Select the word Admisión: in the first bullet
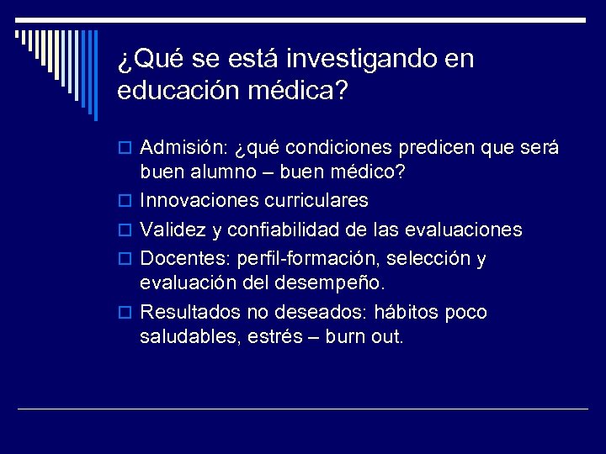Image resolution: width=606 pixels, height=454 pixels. tap(179, 149)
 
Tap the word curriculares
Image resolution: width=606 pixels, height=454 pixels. tap(317, 201)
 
